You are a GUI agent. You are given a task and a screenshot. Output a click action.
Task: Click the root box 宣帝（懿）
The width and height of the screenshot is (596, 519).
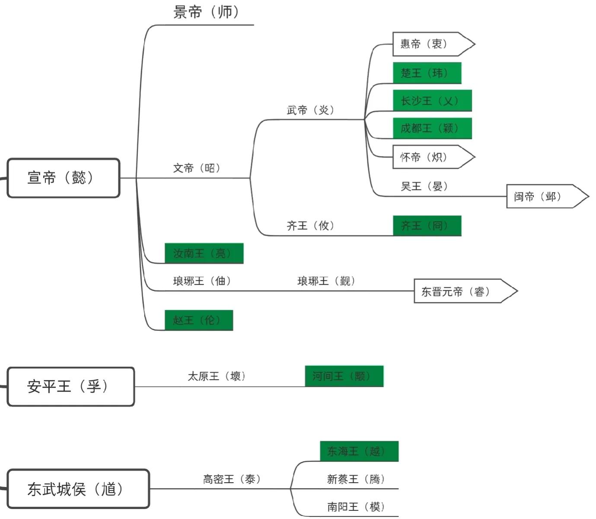click(63, 178)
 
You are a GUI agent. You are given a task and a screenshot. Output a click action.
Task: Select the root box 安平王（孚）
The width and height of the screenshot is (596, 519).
click(70, 387)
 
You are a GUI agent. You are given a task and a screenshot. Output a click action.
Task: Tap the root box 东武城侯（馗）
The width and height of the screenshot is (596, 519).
click(78, 489)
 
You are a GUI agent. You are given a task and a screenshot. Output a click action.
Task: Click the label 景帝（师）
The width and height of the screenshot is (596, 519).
click(206, 12)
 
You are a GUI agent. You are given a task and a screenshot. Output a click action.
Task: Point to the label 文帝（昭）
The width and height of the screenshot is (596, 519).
click(197, 168)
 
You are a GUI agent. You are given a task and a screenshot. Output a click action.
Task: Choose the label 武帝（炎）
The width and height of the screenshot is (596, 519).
click(310, 110)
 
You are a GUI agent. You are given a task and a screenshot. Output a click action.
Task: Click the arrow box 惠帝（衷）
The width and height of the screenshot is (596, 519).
click(428, 44)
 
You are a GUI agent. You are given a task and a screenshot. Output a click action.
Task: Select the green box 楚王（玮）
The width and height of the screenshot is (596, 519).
click(427, 73)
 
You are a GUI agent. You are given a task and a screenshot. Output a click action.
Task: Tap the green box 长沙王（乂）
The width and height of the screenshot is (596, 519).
click(432, 101)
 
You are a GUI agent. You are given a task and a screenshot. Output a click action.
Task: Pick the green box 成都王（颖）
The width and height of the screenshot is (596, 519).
click(432, 129)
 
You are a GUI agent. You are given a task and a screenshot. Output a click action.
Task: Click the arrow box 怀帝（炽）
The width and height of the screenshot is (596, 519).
click(428, 157)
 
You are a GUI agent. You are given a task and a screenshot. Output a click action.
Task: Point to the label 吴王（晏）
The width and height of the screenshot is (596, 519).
click(424, 187)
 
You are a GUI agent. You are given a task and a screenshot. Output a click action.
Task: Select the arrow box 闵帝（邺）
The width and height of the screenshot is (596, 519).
click(542, 197)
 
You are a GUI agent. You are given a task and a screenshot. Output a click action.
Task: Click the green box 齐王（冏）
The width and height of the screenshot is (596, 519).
click(427, 226)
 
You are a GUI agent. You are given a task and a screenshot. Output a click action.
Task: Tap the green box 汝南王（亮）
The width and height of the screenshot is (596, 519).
click(204, 253)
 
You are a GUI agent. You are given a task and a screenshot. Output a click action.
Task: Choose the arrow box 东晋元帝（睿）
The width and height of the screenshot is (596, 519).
click(460, 291)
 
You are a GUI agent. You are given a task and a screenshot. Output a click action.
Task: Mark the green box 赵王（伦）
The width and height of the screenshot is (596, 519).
click(198, 320)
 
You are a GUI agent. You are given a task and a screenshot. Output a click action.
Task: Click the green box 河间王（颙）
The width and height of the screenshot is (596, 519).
click(344, 376)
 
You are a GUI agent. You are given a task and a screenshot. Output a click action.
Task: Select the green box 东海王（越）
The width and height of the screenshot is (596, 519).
click(359, 451)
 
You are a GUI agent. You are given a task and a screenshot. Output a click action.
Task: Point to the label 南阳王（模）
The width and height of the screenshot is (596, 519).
click(356, 506)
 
